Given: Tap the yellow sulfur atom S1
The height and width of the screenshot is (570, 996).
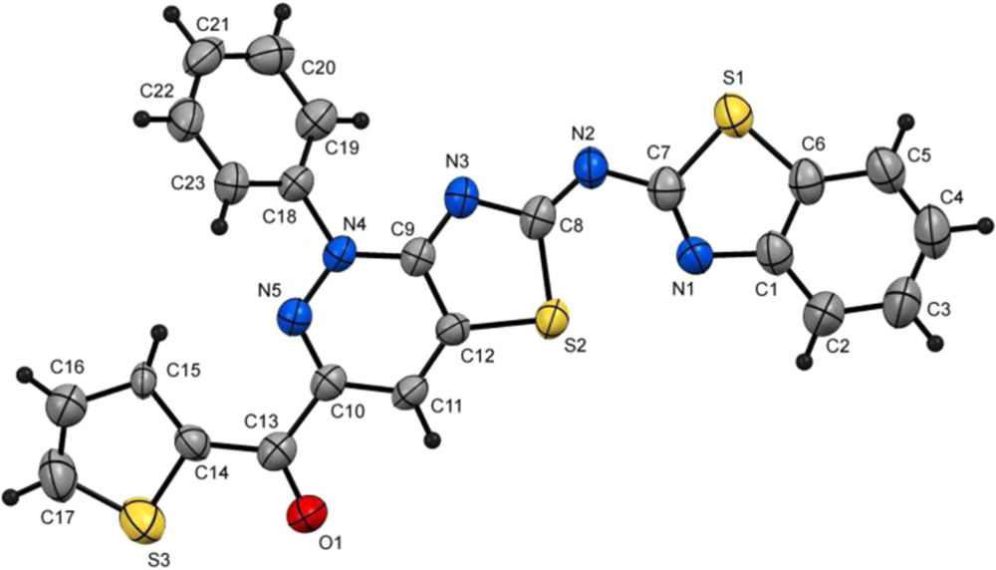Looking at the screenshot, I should pos(733,118).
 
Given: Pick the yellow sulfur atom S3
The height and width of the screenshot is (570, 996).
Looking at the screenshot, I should pos(139,521).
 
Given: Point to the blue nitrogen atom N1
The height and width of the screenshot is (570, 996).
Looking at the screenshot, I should pos(699,257).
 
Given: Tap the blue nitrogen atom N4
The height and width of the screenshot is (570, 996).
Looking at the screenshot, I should pos(341,253).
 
